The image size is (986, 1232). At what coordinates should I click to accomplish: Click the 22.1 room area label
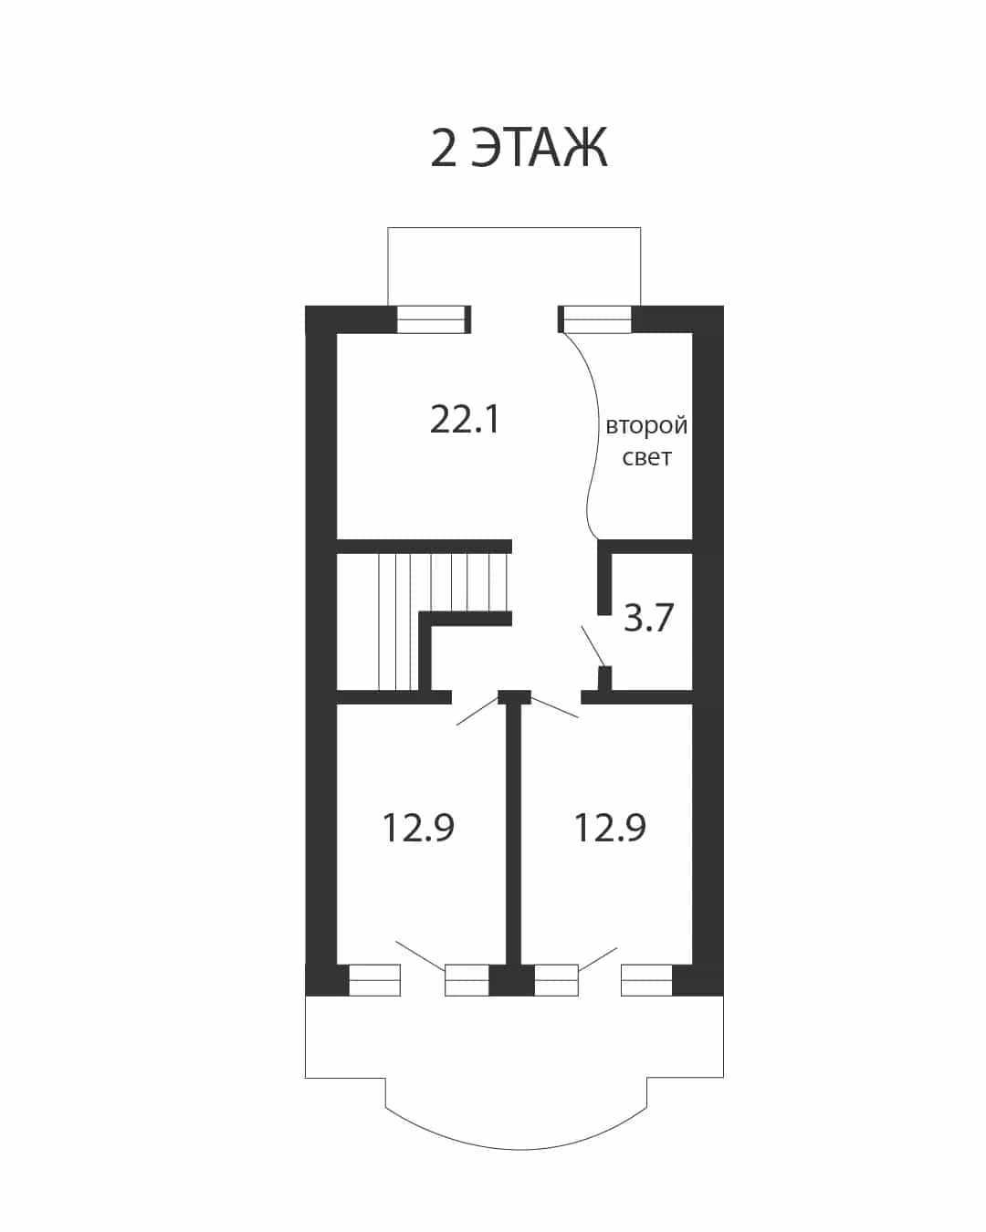tap(465, 420)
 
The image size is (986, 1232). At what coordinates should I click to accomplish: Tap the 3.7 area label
tap(648, 618)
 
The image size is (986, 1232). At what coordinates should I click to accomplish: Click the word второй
tap(646, 426)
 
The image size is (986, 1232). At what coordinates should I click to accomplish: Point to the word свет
tap(646, 458)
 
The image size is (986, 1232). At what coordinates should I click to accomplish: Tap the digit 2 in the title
tap(444, 148)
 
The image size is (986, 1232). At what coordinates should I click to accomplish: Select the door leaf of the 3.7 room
tap(593, 646)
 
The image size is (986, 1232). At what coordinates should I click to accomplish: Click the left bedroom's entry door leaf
tap(477, 711)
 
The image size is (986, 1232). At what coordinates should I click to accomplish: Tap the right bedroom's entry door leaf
tap(554, 707)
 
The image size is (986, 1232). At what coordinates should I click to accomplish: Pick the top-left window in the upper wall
tap(431, 319)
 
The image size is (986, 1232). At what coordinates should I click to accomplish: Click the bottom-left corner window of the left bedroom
tap(374, 980)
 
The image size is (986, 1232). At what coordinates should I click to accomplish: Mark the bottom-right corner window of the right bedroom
tap(646, 980)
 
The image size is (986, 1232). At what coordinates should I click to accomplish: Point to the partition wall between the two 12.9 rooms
tap(514, 833)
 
